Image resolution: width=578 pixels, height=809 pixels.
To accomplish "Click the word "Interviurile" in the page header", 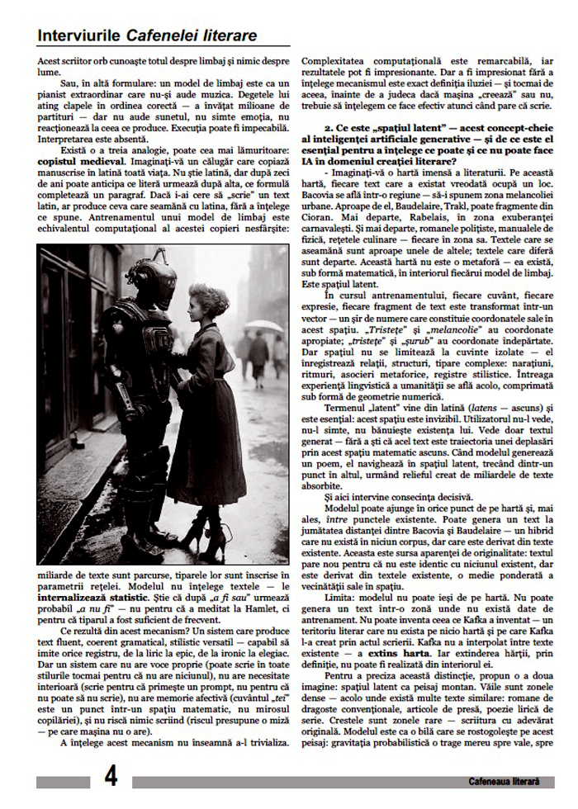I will (80, 35).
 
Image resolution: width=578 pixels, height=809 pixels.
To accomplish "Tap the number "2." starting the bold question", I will (328, 130).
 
